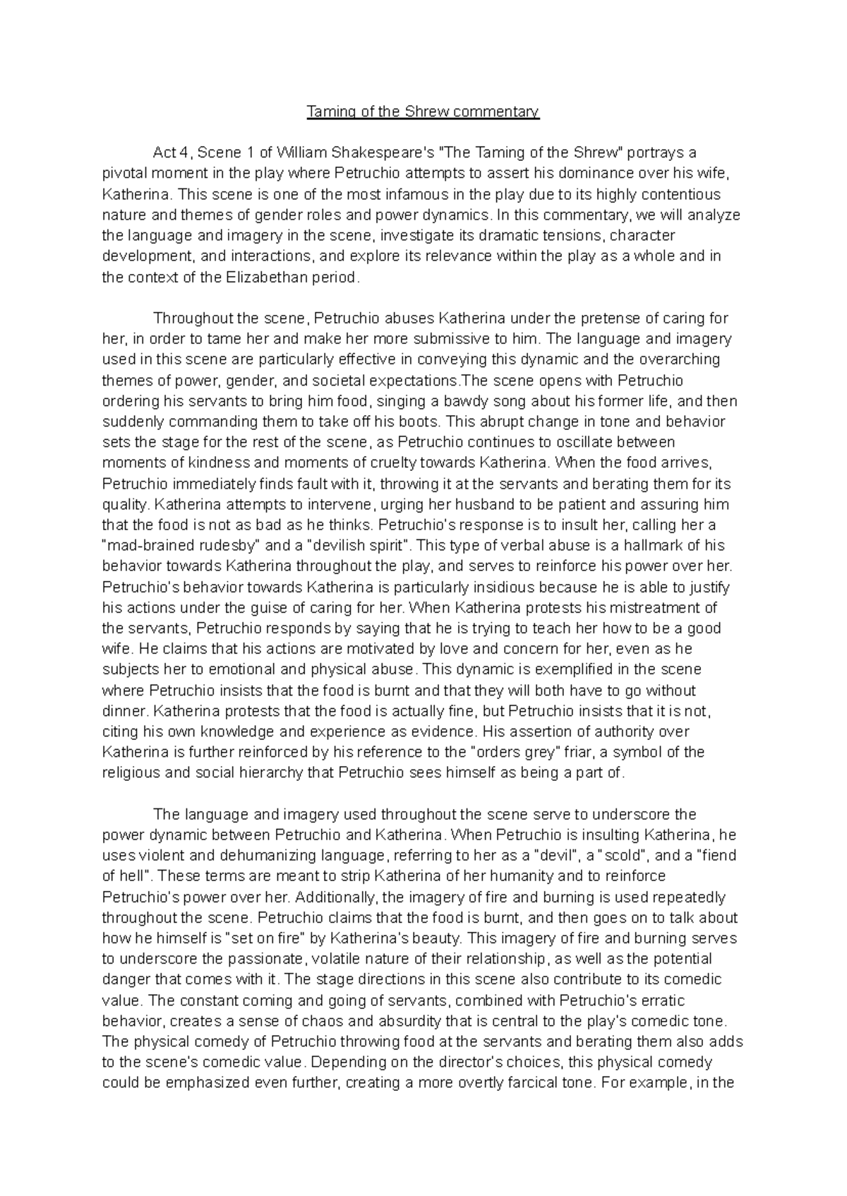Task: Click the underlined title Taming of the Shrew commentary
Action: [x=423, y=112]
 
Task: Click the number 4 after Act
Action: [x=184, y=153]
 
